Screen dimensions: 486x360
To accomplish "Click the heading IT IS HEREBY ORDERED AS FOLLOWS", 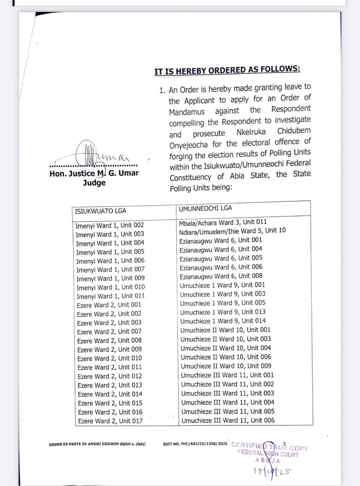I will (x=227, y=70).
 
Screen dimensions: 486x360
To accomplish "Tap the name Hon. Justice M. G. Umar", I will (x=94, y=173).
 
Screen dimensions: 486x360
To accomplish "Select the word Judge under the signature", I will (x=94, y=183).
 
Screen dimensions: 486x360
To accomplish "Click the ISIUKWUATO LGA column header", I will (x=100, y=211).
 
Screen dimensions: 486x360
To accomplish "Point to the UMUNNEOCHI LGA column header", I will (x=205, y=208).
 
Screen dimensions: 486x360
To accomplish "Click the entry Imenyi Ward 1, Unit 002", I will (x=110, y=225).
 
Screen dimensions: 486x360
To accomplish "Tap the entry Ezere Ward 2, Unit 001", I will (x=109, y=305).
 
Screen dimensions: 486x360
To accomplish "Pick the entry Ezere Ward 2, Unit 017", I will (x=110, y=421).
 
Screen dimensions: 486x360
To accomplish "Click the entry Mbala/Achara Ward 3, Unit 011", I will (x=223, y=222).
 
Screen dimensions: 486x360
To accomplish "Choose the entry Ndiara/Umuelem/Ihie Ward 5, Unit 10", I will (x=232, y=231).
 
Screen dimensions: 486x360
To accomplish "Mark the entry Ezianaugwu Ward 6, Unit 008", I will (x=221, y=276).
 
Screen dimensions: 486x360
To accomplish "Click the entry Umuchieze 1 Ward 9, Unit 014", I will (x=223, y=321).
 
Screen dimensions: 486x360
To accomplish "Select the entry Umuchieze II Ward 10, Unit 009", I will (x=226, y=366).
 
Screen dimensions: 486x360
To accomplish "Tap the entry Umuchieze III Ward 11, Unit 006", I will (x=228, y=420).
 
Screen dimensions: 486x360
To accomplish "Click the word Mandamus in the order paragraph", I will (x=187, y=112).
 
